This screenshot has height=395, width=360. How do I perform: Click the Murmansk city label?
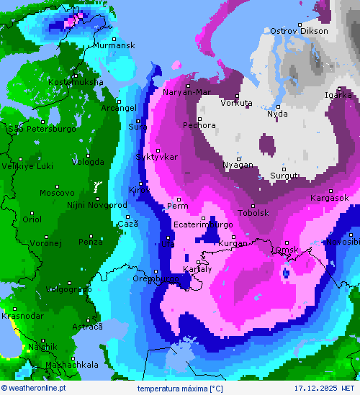pos(114,45)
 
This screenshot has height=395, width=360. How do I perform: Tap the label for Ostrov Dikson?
pos(299,31)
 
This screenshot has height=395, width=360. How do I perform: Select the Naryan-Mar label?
pos(186,92)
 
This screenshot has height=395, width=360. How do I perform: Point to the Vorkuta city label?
pos(236,103)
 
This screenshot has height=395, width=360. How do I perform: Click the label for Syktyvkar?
pos(156,157)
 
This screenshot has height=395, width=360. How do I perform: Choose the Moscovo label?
pos(57,193)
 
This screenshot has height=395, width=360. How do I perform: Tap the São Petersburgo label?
pos(42,129)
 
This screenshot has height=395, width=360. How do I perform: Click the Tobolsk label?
pos(253,213)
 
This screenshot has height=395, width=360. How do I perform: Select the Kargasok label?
pos(329,198)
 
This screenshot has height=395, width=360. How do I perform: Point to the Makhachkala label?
pos(71,365)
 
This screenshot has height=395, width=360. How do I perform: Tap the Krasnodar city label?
pos(22,316)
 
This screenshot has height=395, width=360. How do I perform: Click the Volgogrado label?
pos(68,289)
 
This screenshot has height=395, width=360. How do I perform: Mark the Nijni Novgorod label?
pos(96,205)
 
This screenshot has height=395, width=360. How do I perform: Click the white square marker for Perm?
pos(179,199)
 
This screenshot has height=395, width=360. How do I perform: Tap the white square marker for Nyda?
pos(278,107)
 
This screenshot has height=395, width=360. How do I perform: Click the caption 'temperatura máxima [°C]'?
pos(180,389)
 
